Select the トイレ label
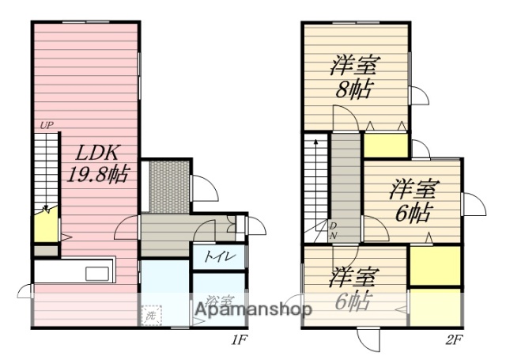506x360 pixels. coord(216,256)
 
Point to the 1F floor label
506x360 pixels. coord(239,341)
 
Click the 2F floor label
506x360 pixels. coord(452,341)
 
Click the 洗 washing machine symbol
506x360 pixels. coord(151,315)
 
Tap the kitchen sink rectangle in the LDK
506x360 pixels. coord(97,274)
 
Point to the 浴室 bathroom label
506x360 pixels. coord(218,301)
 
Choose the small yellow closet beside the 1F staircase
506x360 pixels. coord(46,226)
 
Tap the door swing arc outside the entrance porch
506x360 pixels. coord(203,188)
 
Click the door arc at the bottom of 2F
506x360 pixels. coord(369,339)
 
